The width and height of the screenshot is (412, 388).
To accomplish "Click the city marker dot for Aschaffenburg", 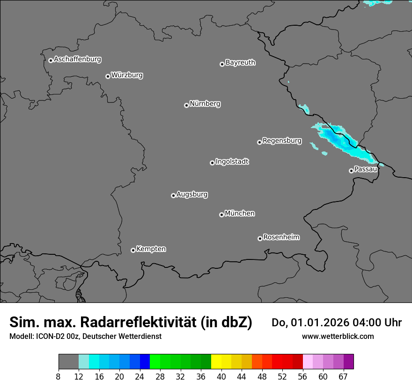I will click(x=51, y=60).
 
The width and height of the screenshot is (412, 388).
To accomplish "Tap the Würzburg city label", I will click(x=127, y=75).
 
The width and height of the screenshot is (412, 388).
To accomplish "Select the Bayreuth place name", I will click(x=240, y=63).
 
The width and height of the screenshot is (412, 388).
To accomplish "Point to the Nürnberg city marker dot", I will click(x=186, y=105).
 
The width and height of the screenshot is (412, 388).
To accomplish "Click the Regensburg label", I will click(x=282, y=141).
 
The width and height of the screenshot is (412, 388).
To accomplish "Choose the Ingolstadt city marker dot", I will click(x=212, y=163).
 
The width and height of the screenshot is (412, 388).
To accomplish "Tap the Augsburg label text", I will click(x=192, y=194).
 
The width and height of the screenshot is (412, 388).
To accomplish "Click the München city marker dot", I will click(x=221, y=215).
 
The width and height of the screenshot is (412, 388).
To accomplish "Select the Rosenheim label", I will click(x=281, y=237).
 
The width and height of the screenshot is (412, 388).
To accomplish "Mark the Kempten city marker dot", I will click(x=133, y=250).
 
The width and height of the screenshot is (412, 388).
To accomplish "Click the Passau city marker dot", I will click(x=351, y=171).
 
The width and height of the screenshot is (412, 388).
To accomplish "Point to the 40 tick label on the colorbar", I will click(x=221, y=377).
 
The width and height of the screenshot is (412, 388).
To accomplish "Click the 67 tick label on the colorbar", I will click(x=343, y=377).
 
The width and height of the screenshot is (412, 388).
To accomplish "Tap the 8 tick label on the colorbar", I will click(x=59, y=377).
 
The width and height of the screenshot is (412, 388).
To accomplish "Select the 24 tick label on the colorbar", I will click(x=140, y=377).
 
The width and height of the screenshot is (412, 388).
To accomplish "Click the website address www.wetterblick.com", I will click(x=338, y=336).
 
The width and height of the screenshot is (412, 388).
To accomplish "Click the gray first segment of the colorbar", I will click(x=68, y=362).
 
